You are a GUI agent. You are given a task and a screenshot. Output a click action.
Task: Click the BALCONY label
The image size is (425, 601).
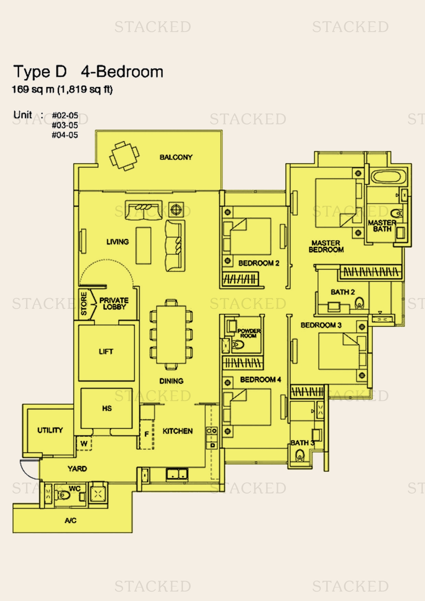pos(176,157)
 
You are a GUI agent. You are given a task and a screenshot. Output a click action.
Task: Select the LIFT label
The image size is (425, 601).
pos(106,352)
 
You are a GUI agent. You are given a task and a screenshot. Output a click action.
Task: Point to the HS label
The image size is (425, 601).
pos(107,408)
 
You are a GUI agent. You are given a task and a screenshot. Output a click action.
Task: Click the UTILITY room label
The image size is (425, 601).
pos(50,430)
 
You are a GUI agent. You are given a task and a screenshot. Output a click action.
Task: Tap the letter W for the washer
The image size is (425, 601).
pos(84,444)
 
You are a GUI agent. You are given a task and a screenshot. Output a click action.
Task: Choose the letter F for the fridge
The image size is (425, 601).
pos(147,434)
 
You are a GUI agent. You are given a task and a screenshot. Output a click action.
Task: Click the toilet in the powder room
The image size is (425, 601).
pos(237,345)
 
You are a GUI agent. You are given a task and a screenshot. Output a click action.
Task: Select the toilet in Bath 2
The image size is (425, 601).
pos(359,303)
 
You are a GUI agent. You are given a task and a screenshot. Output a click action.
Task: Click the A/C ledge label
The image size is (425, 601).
pos(71,520)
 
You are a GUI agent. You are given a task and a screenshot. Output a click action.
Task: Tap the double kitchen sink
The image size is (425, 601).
pos(177,474)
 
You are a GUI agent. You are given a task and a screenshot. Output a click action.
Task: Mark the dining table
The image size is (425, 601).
pos(171,334)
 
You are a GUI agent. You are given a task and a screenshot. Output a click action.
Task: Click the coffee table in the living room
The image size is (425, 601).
pos(143,245)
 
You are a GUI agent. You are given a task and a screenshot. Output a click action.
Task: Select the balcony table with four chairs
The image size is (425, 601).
pos(124,156)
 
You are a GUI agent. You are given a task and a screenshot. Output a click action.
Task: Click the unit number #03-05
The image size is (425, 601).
pos(65,125)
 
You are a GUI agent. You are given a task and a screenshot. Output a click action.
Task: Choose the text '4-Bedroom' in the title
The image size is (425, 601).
pos(122,72)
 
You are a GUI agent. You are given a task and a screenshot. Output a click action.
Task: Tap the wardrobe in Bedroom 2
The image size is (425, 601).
pos(240,279)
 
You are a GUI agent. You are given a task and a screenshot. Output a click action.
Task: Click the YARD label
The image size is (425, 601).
pos(77,468)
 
